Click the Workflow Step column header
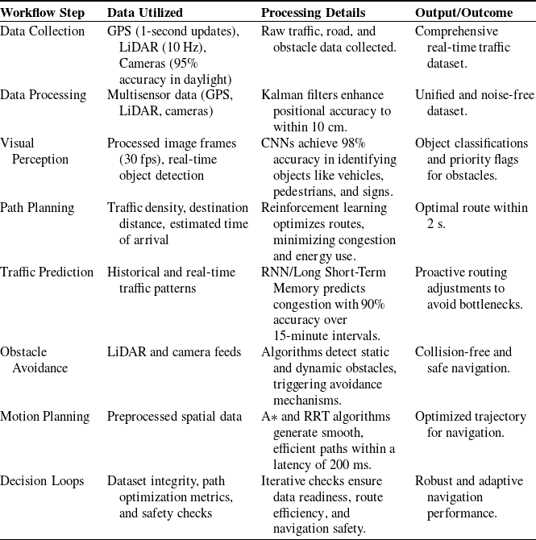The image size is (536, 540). point(47,14)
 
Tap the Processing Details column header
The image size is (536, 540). point(313,14)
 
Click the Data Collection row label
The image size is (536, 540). point(43,31)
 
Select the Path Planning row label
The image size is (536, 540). point(38,209)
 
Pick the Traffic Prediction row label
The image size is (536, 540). point(48,273)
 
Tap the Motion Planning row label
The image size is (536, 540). point(45,417)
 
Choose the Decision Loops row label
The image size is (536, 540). point(42,481)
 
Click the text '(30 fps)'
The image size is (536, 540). point(127,160)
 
